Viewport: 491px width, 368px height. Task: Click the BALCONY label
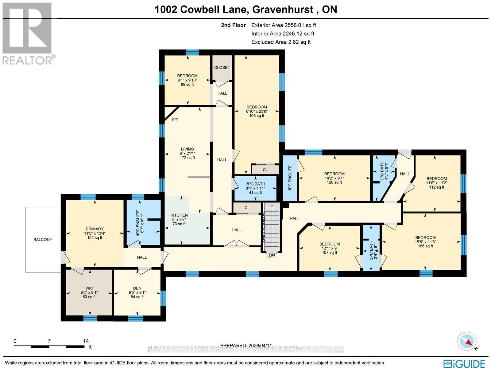43,240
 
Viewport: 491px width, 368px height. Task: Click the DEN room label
137,292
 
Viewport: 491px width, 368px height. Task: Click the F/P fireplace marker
175,120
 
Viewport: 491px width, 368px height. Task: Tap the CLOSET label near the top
222,68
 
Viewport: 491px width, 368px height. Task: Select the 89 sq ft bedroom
187,80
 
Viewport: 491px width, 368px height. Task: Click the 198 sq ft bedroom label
257,111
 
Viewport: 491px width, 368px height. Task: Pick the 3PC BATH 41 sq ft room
255,188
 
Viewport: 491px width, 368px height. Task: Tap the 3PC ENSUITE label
290,178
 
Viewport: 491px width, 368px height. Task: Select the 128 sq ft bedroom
334,178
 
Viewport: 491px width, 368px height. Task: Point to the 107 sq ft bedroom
329,248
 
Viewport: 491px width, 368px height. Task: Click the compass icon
467,341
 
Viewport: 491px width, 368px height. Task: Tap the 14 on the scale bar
86,341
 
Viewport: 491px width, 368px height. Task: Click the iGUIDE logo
466,363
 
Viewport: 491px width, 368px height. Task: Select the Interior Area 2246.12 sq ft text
283,34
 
